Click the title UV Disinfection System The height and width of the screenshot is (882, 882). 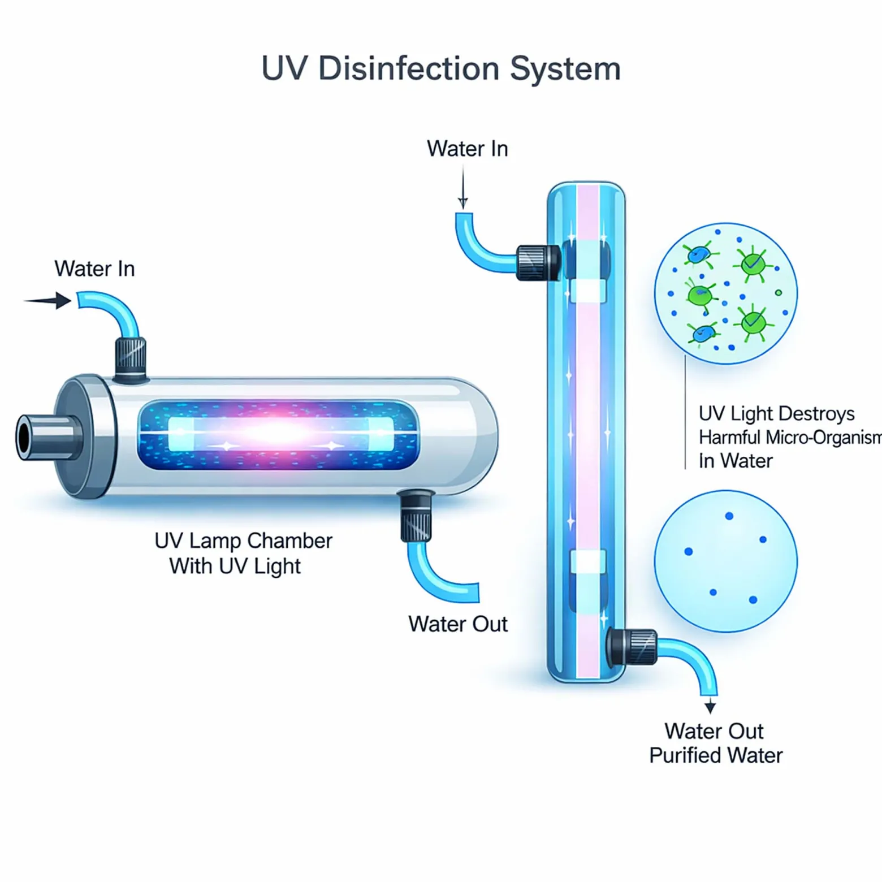441,69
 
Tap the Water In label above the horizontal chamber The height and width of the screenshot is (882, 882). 94,269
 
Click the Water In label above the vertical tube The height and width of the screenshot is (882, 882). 468,149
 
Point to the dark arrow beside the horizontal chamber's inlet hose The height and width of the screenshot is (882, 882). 48,300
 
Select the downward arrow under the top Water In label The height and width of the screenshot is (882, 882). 463,188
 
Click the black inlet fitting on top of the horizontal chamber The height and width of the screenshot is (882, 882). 131,360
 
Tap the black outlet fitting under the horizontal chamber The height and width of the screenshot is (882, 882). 416,516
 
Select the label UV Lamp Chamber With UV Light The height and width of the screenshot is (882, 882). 243,553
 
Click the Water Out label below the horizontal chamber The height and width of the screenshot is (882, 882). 458,624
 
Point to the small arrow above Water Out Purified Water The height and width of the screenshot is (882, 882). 710,705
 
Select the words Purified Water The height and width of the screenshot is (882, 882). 716,755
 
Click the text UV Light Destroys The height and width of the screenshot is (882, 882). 777,413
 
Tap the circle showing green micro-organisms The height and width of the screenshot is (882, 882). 726,293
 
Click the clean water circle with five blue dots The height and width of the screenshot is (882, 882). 726,561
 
